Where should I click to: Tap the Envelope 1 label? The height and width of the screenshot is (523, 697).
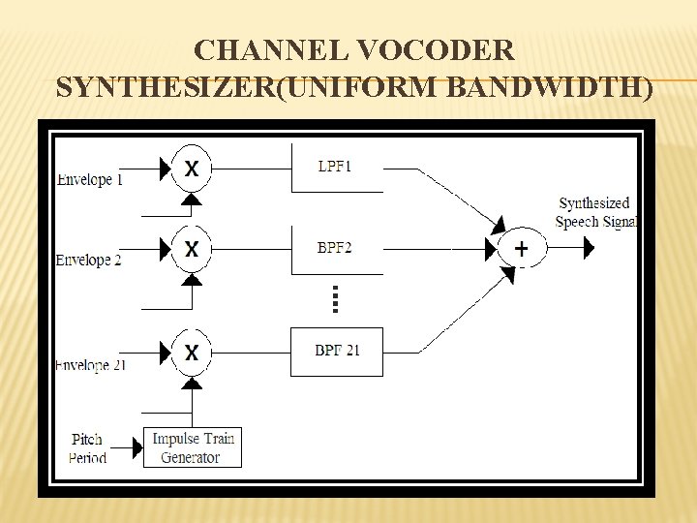tap(90, 180)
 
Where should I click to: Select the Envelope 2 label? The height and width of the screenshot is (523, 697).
tap(88, 261)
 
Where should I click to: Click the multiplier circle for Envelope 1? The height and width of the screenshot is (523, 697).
tap(192, 169)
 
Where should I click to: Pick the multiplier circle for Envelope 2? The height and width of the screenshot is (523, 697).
tap(192, 249)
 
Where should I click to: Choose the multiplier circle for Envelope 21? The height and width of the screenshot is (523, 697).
tap(192, 353)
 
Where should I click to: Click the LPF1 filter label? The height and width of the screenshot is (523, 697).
tap(335, 167)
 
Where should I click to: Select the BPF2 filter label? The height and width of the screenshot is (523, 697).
tap(335, 248)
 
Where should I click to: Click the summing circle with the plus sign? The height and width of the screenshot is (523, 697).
tap(522, 249)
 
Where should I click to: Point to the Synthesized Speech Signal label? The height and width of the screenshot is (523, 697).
tap(594, 213)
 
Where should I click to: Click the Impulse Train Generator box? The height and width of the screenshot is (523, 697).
tap(192, 447)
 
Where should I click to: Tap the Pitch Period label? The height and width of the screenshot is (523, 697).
tap(87, 448)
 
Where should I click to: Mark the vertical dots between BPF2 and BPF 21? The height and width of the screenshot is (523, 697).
tap(335, 298)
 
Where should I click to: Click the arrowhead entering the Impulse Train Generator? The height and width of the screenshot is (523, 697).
tap(136, 448)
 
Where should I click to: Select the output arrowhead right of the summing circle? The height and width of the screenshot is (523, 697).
tap(588, 249)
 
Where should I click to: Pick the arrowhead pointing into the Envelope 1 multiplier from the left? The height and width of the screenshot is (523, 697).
tap(163, 169)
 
